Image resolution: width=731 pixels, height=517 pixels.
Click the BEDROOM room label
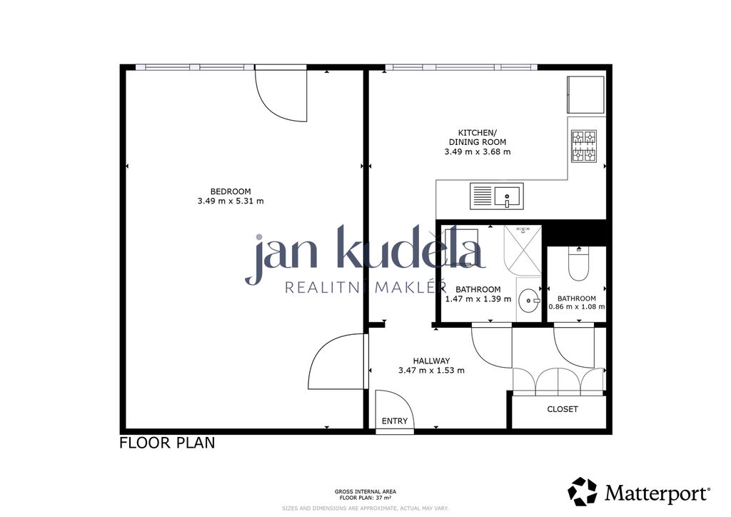231,191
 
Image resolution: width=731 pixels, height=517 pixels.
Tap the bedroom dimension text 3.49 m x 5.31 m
231,201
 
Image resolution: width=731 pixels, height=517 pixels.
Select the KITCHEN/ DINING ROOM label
477,137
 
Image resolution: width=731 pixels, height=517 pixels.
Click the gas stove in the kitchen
584,146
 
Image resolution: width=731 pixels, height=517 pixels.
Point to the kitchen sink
497,196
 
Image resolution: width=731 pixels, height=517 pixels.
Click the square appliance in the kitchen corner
585,95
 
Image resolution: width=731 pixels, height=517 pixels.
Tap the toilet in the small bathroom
578,264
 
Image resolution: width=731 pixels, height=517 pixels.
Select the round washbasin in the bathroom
529,301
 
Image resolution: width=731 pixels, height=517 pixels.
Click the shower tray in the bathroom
523,251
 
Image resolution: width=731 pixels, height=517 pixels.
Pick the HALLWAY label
431,361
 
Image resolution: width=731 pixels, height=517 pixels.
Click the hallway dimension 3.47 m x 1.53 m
431,371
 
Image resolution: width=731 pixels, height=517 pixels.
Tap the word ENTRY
394,421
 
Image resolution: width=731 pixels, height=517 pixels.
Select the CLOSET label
563,409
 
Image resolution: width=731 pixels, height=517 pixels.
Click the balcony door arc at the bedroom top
268,105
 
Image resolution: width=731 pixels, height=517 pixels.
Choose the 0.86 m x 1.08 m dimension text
577,307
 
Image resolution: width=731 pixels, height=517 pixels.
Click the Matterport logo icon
583,491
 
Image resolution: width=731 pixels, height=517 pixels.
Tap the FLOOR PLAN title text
167,443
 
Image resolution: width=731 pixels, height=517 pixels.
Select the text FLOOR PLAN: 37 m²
365,498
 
